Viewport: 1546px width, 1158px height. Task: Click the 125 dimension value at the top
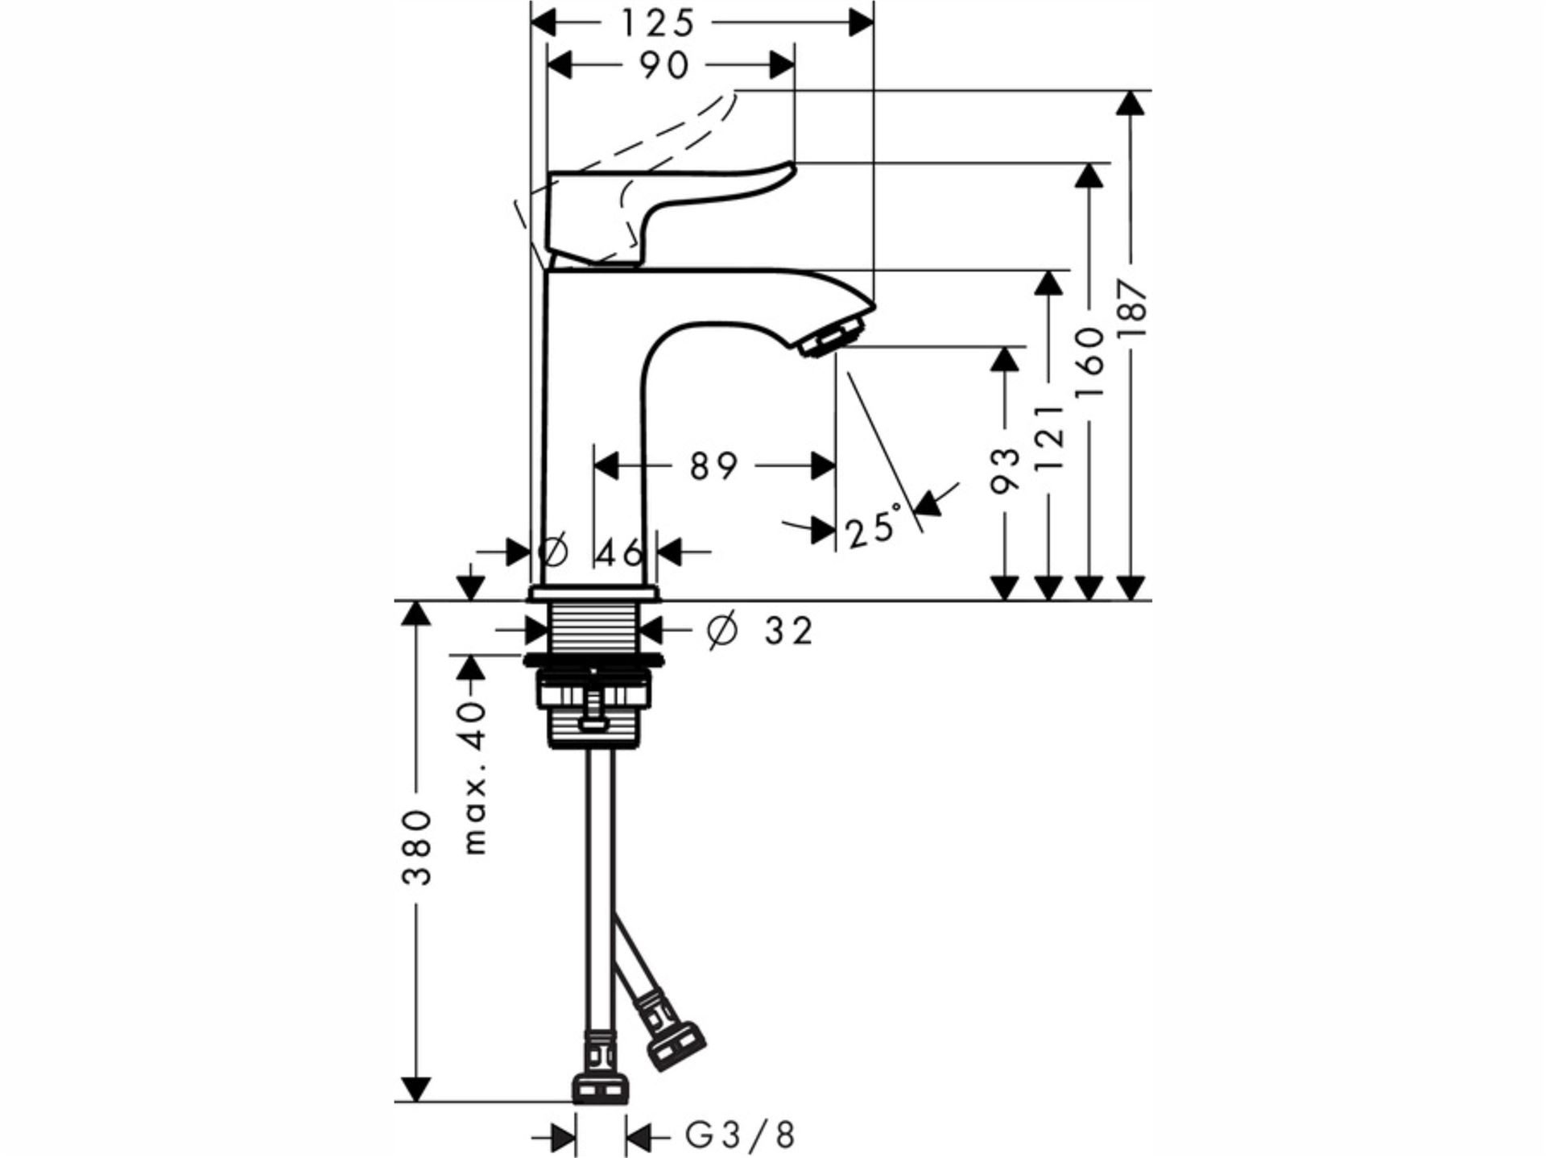click(657, 23)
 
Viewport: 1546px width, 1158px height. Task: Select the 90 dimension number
click(665, 66)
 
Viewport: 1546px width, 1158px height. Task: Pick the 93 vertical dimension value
click(1004, 470)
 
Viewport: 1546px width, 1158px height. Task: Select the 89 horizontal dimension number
click(713, 466)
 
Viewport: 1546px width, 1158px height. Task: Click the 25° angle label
click(873, 527)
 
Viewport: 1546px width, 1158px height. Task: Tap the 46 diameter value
click(621, 553)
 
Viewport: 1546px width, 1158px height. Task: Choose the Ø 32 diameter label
click(760, 631)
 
